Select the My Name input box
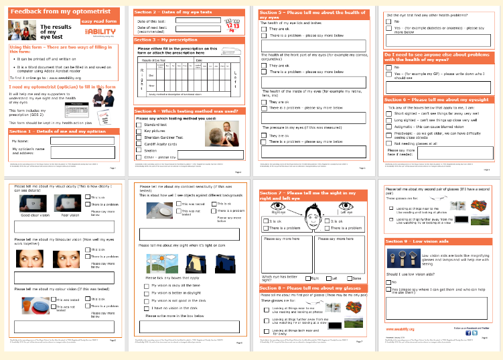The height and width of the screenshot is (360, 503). [x=82, y=141]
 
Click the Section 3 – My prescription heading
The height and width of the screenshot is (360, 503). [x=167, y=40]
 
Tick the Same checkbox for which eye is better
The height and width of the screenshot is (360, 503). [x=346, y=277]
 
